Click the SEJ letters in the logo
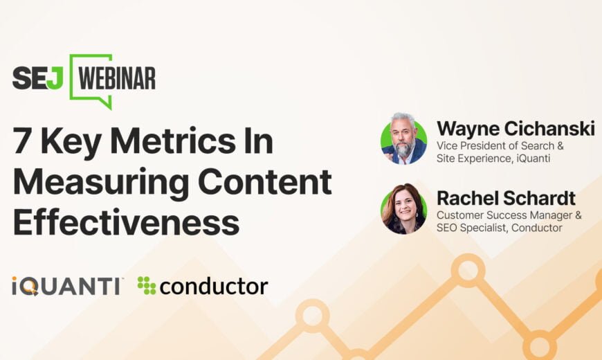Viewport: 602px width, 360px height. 37,78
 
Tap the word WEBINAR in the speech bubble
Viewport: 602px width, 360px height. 117,78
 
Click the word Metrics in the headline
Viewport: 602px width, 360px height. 172,141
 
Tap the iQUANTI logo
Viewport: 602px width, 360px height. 66,286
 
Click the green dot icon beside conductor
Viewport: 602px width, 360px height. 146,285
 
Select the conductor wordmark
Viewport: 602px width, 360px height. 213,287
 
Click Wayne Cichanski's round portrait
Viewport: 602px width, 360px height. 403,139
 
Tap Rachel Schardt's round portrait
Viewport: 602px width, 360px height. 403,209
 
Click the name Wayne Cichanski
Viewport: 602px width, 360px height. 516,128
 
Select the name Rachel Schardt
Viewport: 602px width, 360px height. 506,198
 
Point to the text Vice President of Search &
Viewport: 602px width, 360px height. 500,146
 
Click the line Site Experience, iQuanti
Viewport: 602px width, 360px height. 493,159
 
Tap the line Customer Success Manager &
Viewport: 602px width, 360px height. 509,215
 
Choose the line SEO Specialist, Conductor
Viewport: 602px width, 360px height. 500,228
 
